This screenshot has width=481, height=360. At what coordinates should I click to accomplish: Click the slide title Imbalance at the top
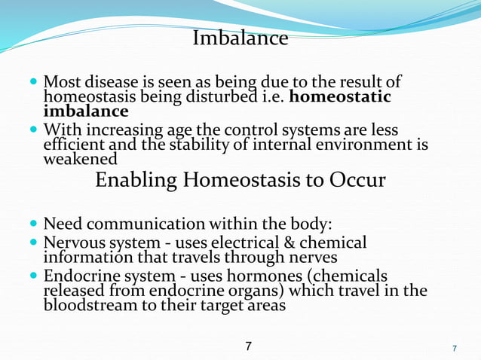tap(240, 38)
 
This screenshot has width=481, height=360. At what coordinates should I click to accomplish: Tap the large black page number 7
tap(249, 346)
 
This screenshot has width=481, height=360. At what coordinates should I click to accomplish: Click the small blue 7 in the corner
tap(454, 349)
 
